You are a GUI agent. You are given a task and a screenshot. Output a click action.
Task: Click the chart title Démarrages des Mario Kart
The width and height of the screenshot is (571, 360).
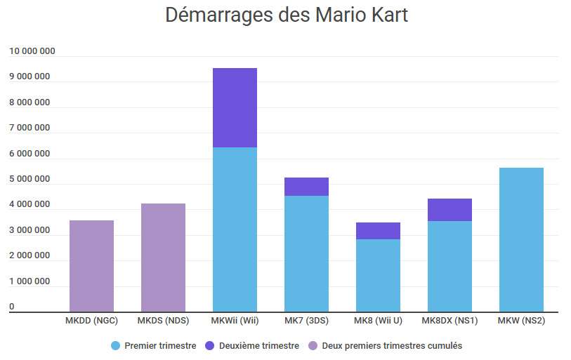pyautogui.click(x=286, y=15)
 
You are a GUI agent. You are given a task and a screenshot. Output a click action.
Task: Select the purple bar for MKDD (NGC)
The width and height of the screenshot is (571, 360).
pyautogui.click(x=91, y=266)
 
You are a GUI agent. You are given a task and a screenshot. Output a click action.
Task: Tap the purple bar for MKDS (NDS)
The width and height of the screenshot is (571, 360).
pyautogui.click(x=163, y=258)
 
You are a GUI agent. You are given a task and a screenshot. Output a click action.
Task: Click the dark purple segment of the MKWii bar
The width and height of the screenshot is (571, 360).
pyautogui.click(x=235, y=107)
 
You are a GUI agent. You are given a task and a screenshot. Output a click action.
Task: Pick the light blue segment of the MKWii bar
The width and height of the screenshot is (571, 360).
pyautogui.click(x=235, y=229)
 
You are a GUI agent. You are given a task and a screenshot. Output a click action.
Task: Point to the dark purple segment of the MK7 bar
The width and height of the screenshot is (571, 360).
pyautogui.click(x=306, y=187)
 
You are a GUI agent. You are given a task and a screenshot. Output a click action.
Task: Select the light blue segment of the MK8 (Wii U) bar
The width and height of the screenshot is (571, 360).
pyautogui.click(x=378, y=275)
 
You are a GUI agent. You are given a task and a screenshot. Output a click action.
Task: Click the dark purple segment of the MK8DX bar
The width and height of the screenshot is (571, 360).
pyautogui.click(x=449, y=210)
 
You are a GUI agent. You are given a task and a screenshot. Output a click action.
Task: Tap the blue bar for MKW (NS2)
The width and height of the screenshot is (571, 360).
pyautogui.click(x=521, y=239)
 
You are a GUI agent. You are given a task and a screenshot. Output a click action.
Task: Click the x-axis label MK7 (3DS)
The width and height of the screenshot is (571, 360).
pyautogui.click(x=306, y=321)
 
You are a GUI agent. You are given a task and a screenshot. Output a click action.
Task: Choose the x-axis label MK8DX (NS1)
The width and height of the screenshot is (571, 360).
pyautogui.click(x=449, y=321)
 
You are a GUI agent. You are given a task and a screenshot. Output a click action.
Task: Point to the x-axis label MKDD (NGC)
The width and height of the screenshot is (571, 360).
pyautogui.click(x=91, y=321)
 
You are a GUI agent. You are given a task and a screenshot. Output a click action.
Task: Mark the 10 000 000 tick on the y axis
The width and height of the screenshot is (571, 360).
pyautogui.click(x=32, y=51)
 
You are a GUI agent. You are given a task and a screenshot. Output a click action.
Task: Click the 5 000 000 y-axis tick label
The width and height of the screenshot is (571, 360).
pyautogui.click(x=29, y=179)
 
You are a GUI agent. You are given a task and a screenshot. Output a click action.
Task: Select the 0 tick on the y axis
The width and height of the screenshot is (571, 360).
pyautogui.click(x=12, y=307)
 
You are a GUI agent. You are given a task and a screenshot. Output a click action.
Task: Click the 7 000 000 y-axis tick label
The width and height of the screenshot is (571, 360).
pyautogui.click(x=29, y=128)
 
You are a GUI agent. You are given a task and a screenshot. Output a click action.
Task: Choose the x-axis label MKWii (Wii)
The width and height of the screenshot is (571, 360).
pyautogui.click(x=235, y=321)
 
